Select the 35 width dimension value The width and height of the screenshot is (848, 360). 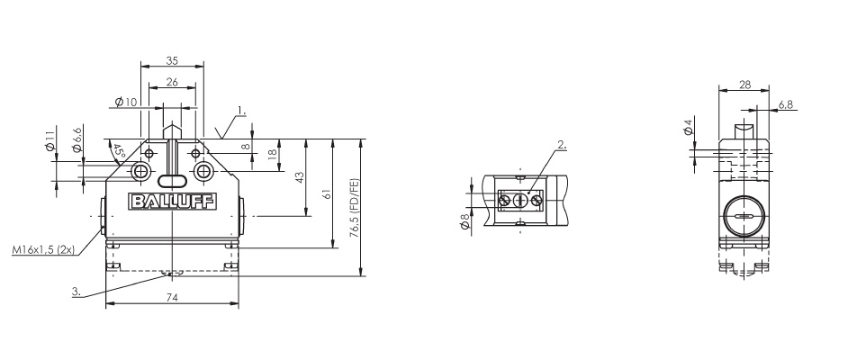(172, 60)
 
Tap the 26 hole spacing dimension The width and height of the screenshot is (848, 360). (171, 82)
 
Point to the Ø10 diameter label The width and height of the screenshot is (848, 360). (126, 103)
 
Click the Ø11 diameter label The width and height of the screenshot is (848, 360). (50, 142)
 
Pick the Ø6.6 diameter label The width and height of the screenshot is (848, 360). (77, 139)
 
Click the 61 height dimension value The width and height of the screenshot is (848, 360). (328, 193)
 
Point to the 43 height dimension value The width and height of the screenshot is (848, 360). (301, 178)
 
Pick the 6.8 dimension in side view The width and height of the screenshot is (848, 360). (784, 104)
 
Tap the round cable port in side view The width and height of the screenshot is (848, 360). (744, 217)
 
